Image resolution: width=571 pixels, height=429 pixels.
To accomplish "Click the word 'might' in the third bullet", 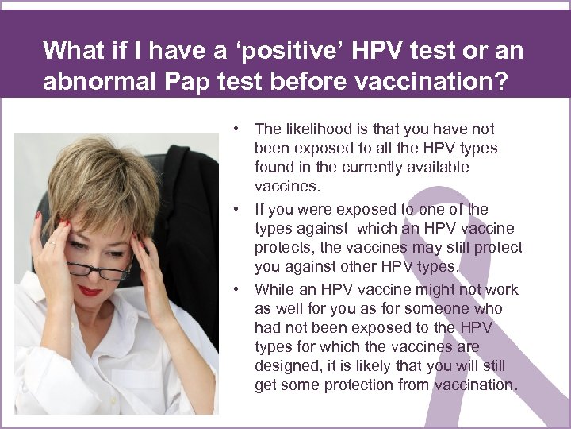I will pos(435,290).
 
